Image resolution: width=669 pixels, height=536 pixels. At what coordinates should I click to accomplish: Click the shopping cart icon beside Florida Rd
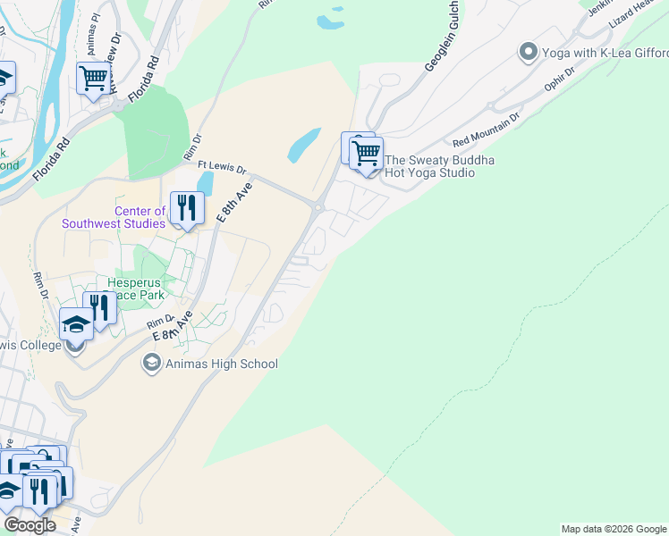tap(93, 79)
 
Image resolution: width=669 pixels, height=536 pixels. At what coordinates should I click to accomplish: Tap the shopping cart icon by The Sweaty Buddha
tap(366, 154)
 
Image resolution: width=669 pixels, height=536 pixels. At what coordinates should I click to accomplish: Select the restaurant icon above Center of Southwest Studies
tap(186, 208)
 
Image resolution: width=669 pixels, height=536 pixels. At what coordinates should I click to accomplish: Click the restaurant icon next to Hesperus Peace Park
tap(99, 308)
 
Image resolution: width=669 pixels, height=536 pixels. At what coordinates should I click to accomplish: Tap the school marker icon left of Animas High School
tap(151, 364)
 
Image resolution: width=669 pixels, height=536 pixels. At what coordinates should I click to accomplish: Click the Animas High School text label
tap(221, 364)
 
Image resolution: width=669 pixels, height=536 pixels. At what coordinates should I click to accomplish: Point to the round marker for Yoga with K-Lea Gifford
tap(529, 53)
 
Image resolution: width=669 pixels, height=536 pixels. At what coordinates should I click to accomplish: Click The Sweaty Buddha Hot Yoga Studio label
tap(440, 166)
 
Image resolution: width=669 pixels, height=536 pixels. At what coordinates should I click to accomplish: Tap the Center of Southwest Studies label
tap(114, 217)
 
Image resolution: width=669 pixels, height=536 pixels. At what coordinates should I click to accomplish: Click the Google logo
tap(30, 525)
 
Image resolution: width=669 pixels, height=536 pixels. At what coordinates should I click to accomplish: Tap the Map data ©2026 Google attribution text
tap(614, 529)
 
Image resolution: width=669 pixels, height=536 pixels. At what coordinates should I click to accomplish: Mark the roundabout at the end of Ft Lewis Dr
tap(318, 208)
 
